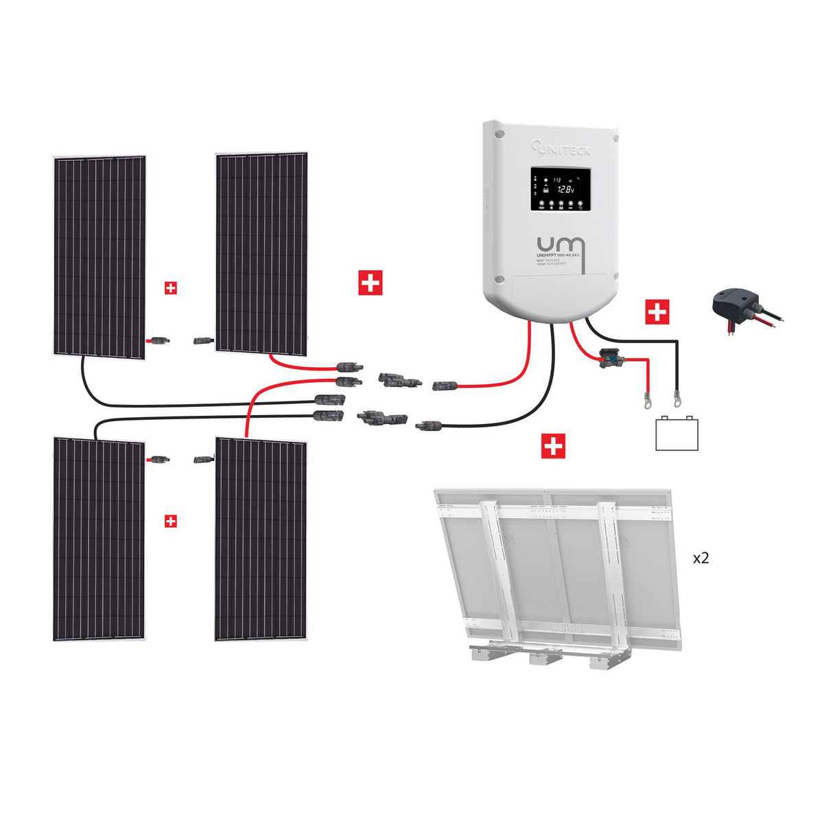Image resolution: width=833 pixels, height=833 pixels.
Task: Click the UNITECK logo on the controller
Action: tap(561, 147)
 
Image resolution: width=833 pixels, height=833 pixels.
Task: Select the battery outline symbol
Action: tap(677, 433)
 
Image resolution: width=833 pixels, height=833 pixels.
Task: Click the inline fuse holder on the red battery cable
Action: tap(608, 357)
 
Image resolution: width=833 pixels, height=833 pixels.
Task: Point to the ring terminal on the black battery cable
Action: tap(677, 396)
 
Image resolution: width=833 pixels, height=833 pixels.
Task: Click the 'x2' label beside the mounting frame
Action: tap(701, 558)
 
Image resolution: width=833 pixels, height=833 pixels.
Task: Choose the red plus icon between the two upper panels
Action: tap(171, 288)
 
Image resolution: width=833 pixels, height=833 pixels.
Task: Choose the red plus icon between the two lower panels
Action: tap(171, 521)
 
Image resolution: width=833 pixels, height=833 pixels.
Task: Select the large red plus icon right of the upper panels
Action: tap(371, 283)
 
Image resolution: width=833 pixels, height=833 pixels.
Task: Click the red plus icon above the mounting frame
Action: tap(553, 446)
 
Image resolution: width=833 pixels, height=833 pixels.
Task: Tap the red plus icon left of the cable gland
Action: tap(657, 312)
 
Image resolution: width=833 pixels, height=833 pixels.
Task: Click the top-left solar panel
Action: tap(99, 256)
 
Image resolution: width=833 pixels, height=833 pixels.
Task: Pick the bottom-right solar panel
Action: tap(261, 539)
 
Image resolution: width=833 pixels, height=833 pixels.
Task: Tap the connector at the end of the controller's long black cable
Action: tap(430, 426)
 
